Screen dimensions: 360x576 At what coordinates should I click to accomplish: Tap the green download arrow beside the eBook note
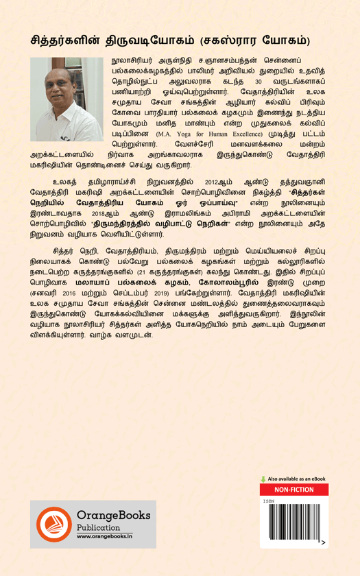coord(263,479)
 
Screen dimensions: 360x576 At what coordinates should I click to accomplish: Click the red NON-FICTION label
coord(293,490)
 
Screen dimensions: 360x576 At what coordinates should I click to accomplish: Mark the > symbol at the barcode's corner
coord(323,542)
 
